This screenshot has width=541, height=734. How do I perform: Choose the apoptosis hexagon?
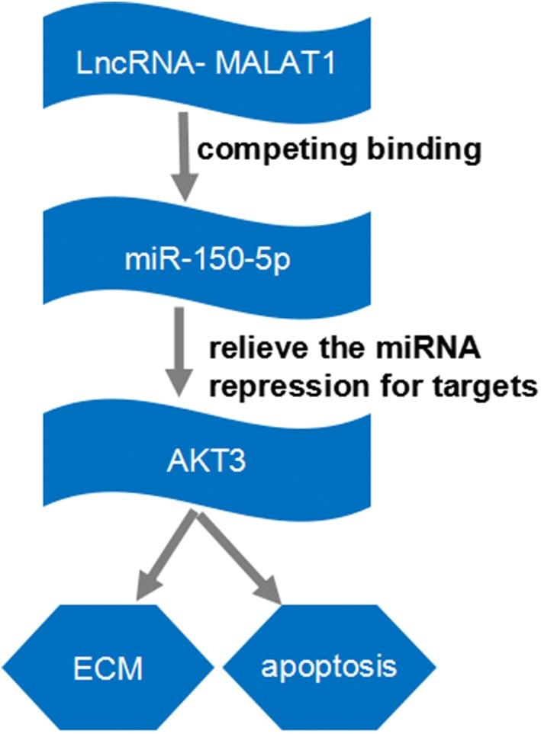[329, 668]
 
